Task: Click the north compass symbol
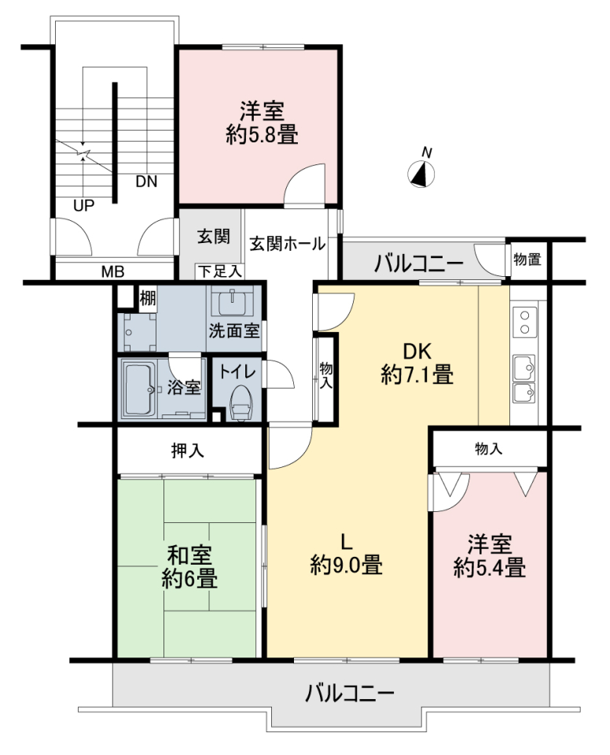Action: [x=421, y=173]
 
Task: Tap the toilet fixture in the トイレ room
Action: [x=241, y=404]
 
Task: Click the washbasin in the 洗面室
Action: [x=233, y=302]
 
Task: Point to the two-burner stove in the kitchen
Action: [x=525, y=322]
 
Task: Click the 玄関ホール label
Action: [x=287, y=244]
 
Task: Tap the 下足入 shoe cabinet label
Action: [x=220, y=271]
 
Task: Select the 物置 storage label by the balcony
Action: [x=527, y=260]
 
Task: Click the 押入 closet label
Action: [x=188, y=451]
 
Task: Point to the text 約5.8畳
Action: [x=262, y=134]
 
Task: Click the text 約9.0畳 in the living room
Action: [x=347, y=565]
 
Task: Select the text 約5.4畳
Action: [x=490, y=567]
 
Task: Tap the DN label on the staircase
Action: [x=146, y=182]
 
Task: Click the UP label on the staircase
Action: [x=83, y=205]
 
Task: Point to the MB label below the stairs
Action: [x=112, y=272]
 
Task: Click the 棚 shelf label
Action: [x=147, y=299]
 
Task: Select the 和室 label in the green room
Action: [x=189, y=556]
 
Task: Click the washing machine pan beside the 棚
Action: [x=140, y=332]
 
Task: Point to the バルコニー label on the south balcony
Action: [x=350, y=694]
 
